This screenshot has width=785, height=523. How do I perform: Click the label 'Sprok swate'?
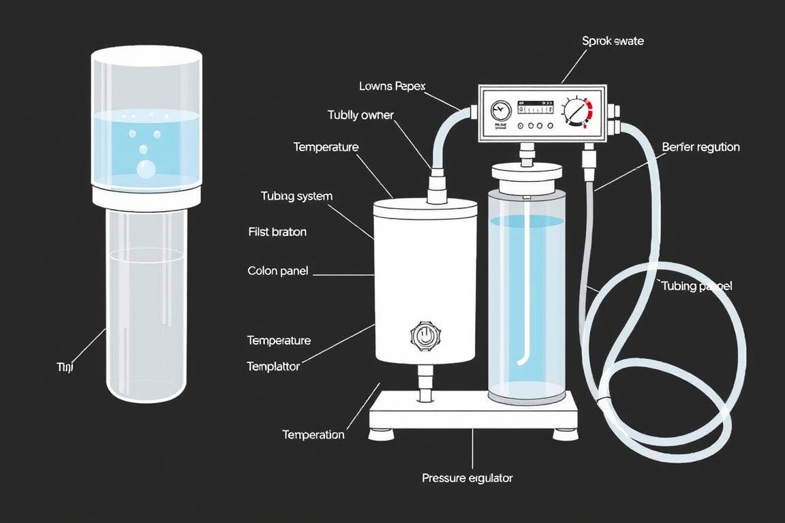[x=613, y=41]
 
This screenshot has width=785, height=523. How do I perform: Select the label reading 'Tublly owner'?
[x=360, y=115]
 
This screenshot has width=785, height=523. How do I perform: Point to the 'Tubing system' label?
[x=296, y=196]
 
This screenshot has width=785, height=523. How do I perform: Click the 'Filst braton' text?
[x=277, y=232]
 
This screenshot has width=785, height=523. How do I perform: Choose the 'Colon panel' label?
[x=277, y=271]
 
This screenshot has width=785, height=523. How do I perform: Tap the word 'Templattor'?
[x=273, y=366]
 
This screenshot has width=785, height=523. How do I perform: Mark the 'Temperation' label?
[x=313, y=434]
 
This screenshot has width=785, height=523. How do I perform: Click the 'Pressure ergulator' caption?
[x=467, y=478]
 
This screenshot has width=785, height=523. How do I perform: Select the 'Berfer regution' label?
[x=701, y=147]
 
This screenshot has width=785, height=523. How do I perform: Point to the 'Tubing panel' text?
[x=696, y=286]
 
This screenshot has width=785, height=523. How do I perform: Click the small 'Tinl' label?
[x=64, y=367]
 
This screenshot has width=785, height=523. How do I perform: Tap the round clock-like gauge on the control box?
[x=501, y=109]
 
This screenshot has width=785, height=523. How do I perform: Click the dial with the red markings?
[x=576, y=111]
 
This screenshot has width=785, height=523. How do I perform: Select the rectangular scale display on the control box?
[x=536, y=108]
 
